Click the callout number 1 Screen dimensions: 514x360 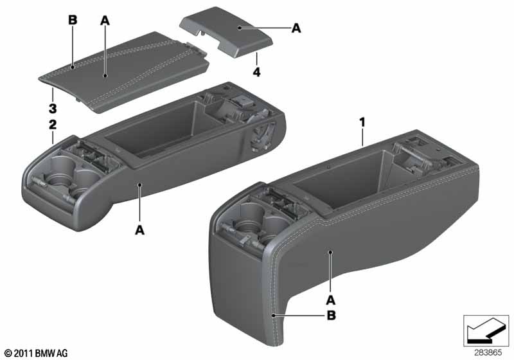(362, 123)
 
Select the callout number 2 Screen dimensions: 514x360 (53, 125)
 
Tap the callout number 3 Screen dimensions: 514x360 (53, 109)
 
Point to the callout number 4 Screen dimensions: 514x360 (256, 72)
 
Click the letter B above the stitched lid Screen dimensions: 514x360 (73, 21)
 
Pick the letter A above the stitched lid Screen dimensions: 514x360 (105, 21)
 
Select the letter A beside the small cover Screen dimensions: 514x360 (296, 28)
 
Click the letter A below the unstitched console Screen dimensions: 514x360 (139, 230)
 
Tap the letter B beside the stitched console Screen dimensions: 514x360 (332, 316)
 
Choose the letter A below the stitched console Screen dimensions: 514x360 (331, 300)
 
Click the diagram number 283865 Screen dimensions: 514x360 (488, 353)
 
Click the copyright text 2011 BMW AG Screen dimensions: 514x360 (37, 353)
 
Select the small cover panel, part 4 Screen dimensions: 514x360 (226, 32)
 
